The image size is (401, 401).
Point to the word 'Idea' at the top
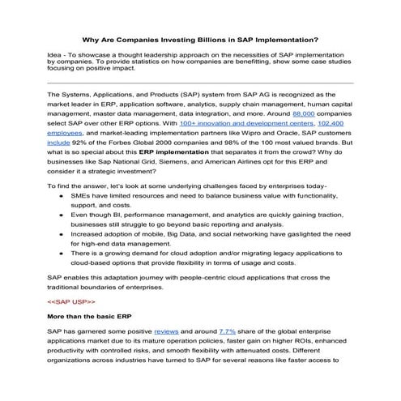tap(57, 53)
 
